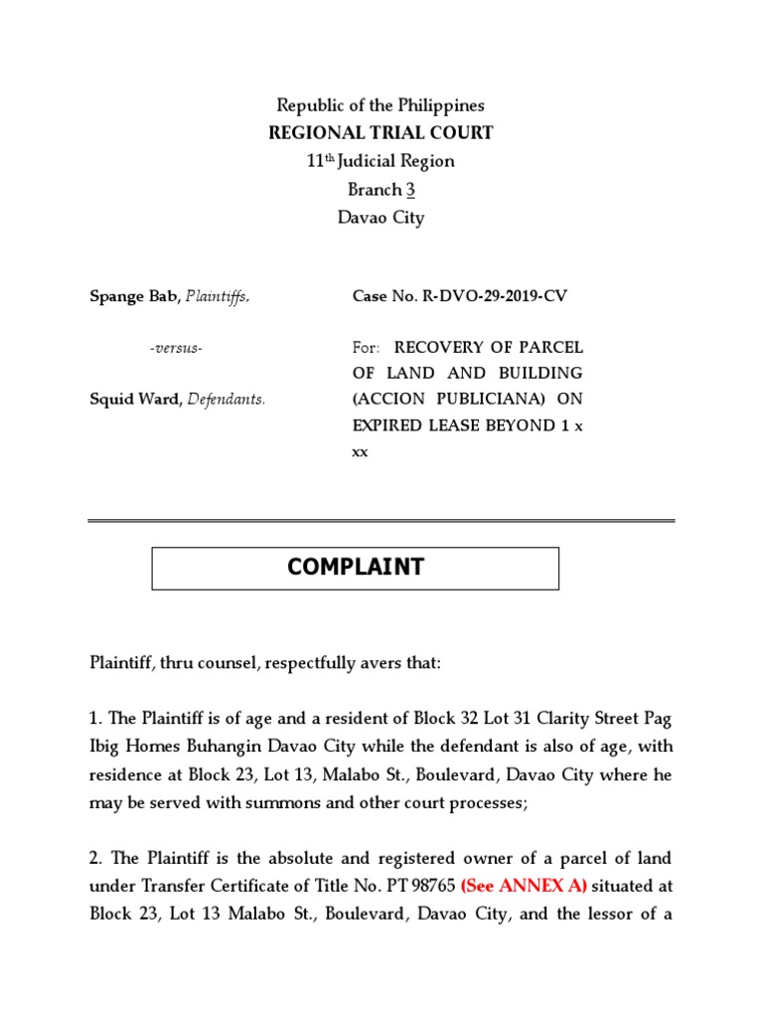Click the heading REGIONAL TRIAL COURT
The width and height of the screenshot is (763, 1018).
pyautogui.click(x=381, y=133)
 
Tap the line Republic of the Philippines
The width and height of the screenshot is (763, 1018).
pyautogui.click(x=381, y=105)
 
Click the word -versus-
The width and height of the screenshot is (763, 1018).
pyautogui.click(x=176, y=348)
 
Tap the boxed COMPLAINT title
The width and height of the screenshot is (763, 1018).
pyautogui.click(x=355, y=568)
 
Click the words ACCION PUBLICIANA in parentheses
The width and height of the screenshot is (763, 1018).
pyautogui.click(x=463, y=400)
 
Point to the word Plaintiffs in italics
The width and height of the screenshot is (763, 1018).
pyautogui.click(x=214, y=296)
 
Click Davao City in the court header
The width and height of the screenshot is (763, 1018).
pyautogui.click(x=381, y=218)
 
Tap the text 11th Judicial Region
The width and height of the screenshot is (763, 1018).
pyautogui.click(x=381, y=161)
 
